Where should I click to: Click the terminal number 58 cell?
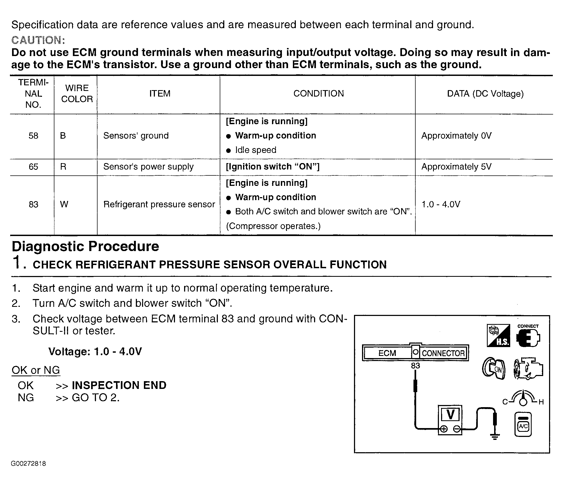click(33, 136)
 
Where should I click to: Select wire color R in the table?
click(63, 167)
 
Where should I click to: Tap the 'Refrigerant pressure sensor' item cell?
click(159, 204)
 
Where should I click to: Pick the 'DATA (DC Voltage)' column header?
click(485, 94)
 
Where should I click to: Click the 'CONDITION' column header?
click(318, 94)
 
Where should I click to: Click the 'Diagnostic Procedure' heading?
click(85, 246)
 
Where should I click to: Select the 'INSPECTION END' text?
click(119, 385)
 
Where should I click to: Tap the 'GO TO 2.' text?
click(96, 398)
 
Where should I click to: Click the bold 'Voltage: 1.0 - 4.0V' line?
click(95, 352)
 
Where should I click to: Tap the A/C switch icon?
click(523, 425)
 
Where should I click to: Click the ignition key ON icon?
click(494, 369)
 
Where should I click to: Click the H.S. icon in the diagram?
click(498, 336)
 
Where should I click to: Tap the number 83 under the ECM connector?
click(415, 366)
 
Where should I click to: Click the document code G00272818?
click(28, 464)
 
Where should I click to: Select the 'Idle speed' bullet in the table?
click(255, 150)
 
